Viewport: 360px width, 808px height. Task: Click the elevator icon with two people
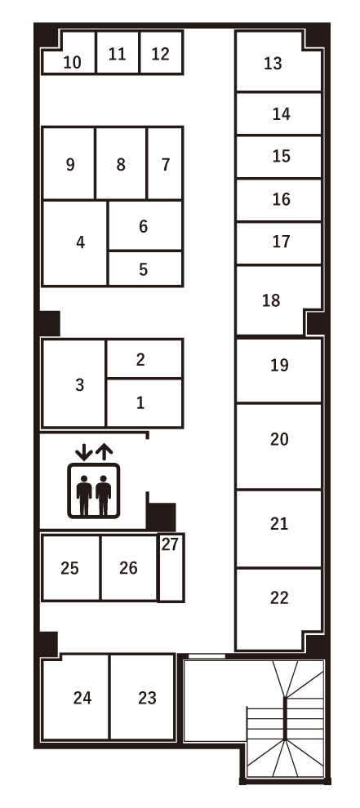click(x=93, y=490)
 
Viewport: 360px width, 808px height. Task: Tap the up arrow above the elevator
click(x=104, y=450)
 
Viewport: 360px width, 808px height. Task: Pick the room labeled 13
click(x=273, y=63)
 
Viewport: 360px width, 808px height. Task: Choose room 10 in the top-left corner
click(x=73, y=62)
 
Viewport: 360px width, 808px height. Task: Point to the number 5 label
click(x=143, y=269)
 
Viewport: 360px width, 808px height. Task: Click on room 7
click(x=166, y=164)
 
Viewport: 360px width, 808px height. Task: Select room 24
click(x=82, y=698)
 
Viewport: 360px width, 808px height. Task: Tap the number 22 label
click(x=279, y=598)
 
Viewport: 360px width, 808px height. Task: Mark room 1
click(x=140, y=402)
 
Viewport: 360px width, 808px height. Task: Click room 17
click(x=282, y=242)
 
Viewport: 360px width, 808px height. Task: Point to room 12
click(x=161, y=54)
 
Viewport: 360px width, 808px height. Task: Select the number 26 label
click(x=128, y=568)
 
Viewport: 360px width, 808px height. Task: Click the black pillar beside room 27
click(x=161, y=516)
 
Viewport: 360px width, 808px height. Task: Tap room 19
click(x=279, y=365)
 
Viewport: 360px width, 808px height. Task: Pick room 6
click(x=143, y=227)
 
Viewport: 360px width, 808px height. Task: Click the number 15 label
click(x=282, y=156)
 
